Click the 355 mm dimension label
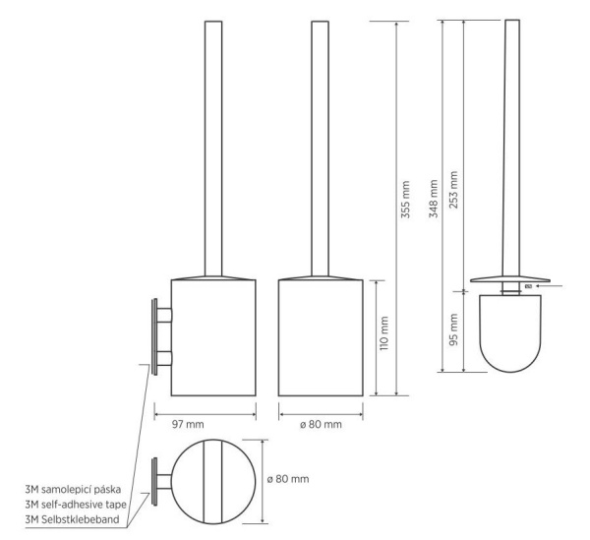point(405,200)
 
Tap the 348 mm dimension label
point(434,199)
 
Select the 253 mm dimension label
point(453,190)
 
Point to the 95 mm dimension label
point(453,330)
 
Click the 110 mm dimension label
point(383,333)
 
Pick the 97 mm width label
point(188,425)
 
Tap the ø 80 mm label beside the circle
point(288,479)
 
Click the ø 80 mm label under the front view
point(321,425)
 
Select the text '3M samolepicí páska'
point(73,490)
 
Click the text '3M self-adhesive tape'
point(76,505)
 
